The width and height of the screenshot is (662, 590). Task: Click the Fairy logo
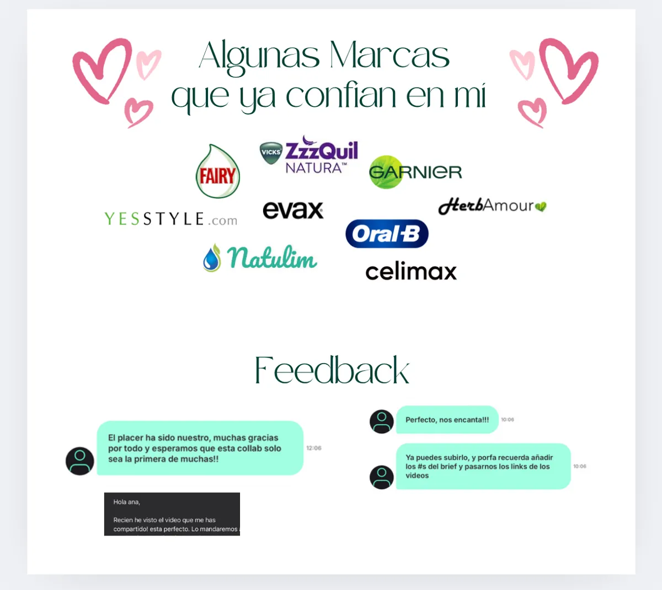click(217, 171)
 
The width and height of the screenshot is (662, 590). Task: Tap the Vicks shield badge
click(271, 153)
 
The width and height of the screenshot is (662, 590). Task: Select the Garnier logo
click(415, 172)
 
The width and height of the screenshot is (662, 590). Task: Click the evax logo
click(293, 210)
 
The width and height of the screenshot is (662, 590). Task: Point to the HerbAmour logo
click(492, 206)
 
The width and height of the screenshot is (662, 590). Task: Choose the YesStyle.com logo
click(170, 219)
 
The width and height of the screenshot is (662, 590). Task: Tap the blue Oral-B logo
click(387, 234)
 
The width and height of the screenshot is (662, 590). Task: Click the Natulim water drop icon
click(212, 258)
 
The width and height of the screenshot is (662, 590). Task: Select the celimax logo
click(411, 270)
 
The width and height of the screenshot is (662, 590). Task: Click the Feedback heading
click(332, 370)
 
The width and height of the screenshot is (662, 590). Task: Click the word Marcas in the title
click(389, 55)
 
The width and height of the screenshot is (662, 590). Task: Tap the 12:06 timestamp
click(314, 448)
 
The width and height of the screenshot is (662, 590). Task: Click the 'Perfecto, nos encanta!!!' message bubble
click(447, 420)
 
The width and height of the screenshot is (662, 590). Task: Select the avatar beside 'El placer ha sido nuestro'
click(80, 461)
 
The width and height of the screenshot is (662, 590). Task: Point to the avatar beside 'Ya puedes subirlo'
click(382, 477)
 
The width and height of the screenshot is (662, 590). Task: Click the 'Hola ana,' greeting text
click(127, 502)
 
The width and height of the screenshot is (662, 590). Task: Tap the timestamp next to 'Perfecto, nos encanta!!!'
click(508, 420)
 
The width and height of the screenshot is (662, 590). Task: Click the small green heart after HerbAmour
click(541, 207)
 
